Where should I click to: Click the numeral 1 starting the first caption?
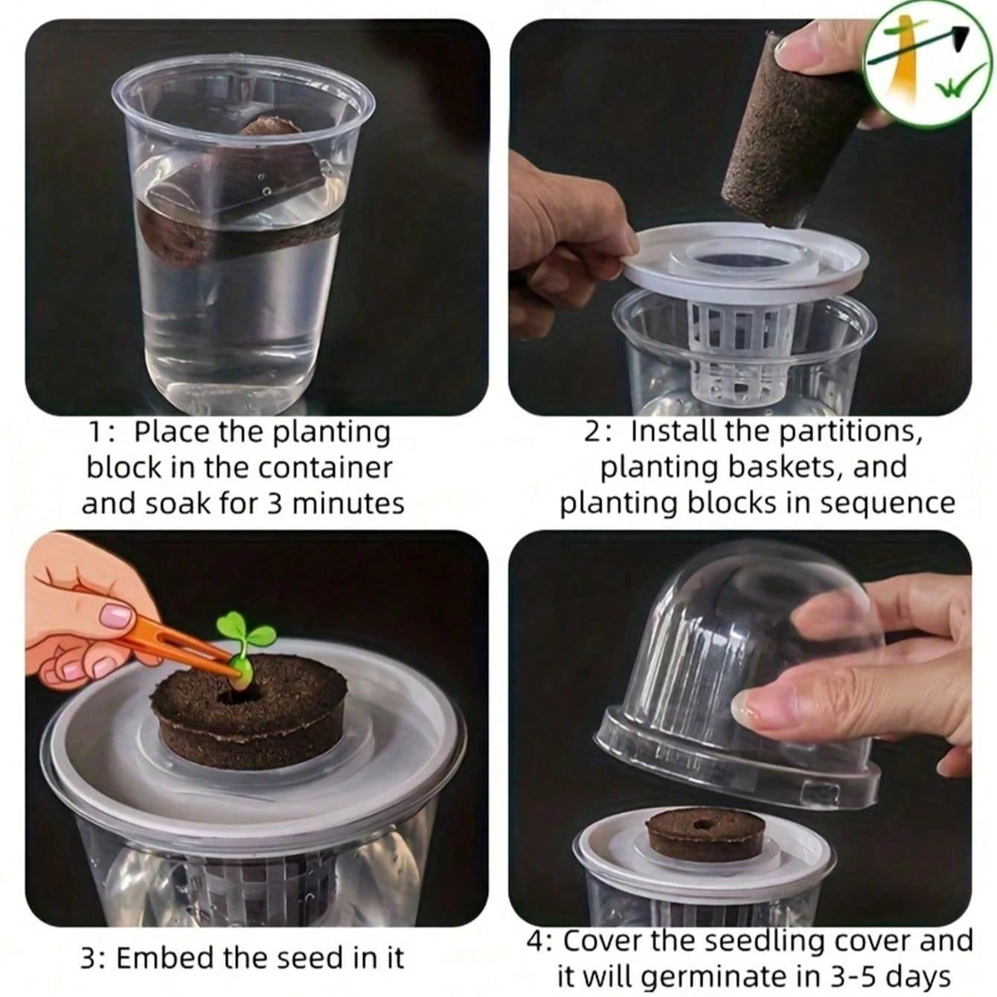(95, 432)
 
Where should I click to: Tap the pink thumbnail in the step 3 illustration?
(116, 615)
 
